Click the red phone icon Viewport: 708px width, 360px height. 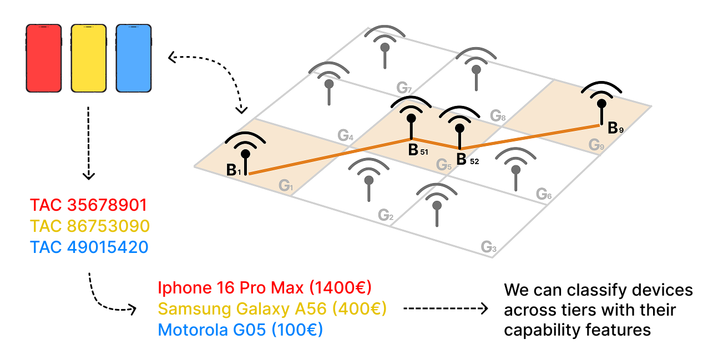(44, 58)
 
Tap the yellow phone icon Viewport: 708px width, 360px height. (89, 58)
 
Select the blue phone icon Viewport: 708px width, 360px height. (133, 58)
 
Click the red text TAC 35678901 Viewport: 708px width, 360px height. (89, 205)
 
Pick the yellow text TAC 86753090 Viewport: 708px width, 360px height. (90, 226)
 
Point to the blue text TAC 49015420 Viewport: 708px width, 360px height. (89, 247)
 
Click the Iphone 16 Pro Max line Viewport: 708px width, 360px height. (265, 288)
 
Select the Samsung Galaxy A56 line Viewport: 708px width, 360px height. (272, 309)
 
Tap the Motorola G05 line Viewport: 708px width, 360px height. (240, 330)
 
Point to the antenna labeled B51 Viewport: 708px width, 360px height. (411, 119)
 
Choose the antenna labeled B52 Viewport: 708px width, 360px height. (459, 128)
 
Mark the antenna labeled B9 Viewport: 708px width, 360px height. (601, 104)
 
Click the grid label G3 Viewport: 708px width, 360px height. (489, 247)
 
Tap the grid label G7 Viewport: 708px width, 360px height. (404, 88)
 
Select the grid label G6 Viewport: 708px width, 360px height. (544, 194)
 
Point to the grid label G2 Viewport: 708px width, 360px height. (386, 215)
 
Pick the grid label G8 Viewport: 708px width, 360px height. (498, 116)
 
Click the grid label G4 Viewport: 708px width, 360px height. (346, 135)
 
